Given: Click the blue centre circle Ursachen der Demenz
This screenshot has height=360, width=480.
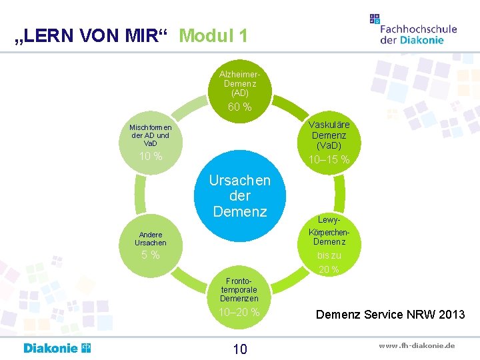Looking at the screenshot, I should [239, 196].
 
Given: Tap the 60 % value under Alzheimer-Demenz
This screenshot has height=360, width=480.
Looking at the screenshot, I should [240, 107].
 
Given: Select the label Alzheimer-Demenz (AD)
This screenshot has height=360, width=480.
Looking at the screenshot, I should [240, 83].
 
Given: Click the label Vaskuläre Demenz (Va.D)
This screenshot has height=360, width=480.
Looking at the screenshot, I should [329, 135].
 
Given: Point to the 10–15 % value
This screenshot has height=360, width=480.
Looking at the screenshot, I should [329, 160].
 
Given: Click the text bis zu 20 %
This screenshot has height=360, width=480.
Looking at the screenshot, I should [329, 263].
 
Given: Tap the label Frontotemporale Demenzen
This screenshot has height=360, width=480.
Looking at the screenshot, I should [239, 289].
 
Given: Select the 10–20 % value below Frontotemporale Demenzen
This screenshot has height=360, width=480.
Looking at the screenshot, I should [239, 312].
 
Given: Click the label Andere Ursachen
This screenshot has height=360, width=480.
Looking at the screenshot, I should [151, 238].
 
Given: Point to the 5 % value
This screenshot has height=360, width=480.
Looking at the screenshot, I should [151, 255].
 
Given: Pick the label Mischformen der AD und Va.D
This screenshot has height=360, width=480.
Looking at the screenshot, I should [151, 135].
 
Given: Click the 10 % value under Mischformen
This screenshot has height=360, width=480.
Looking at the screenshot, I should [151, 157].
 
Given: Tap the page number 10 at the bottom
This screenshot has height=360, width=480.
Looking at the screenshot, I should [240, 349].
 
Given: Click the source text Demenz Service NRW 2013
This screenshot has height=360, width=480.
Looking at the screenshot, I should [391, 314].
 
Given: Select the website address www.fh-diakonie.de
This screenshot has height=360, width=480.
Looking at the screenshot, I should [417, 346].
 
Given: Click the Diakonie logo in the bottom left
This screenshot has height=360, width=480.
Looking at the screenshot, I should [57, 348].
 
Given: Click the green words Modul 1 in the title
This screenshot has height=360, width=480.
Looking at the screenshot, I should [213, 35].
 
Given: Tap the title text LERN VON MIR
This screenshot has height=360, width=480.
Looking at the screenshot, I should [93, 36].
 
